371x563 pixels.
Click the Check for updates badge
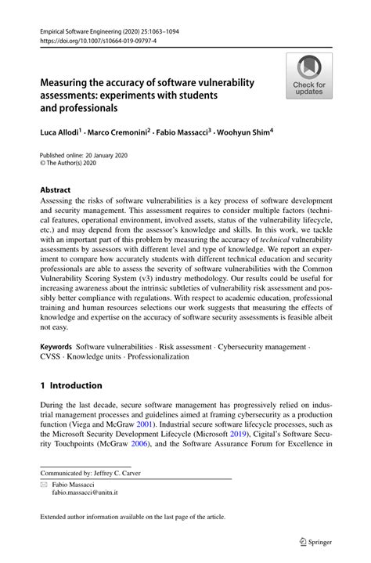pos(309,75)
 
